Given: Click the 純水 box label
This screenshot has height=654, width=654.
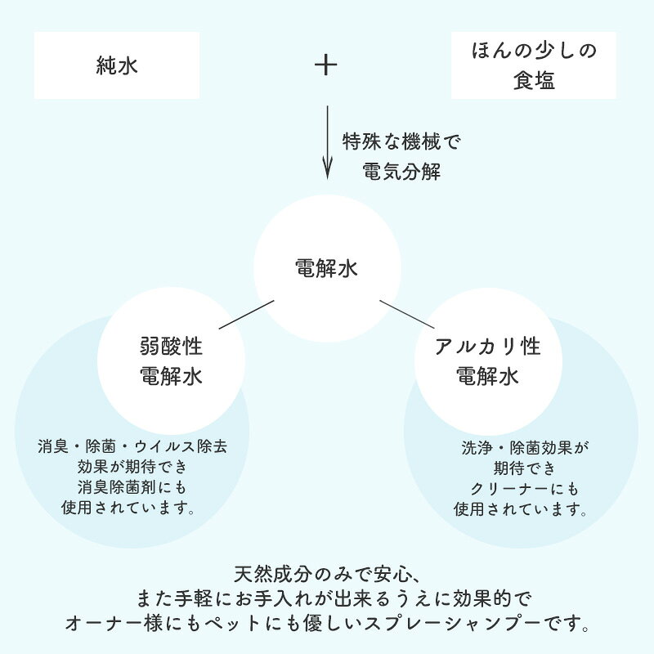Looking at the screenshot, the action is (x=117, y=65).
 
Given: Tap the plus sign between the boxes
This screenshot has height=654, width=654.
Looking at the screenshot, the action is (x=325, y=65).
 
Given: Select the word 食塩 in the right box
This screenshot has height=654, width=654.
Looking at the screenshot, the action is (x=534, y=80).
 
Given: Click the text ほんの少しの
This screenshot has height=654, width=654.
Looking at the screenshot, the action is (x=534, y=51).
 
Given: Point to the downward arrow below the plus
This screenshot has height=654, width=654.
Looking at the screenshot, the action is (x=328, y=142).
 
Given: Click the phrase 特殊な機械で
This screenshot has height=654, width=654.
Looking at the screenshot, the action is (x=401, y=141).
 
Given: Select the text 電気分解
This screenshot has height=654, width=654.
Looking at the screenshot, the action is (x=401, y=172).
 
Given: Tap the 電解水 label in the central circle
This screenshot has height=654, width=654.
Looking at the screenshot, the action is (x=326, y=268).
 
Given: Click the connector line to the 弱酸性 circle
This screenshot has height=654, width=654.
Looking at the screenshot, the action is (x=247, y=315).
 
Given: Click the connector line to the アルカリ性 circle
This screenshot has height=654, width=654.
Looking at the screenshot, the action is (x=407, y=315).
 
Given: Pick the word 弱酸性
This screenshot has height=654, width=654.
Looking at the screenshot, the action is (x=171, y=346).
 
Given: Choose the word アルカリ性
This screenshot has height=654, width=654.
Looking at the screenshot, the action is (x=487, y=346).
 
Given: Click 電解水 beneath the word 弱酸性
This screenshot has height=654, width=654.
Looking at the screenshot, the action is (x=171, y=376).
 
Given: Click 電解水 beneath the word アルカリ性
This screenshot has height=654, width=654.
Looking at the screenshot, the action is (x=487, y=376).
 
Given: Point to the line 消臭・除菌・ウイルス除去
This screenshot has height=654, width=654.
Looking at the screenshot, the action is (x=132, y=446).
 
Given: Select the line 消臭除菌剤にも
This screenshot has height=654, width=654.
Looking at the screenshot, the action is (x=132, y=487).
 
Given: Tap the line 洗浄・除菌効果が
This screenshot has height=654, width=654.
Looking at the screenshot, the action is (x=525, y=448).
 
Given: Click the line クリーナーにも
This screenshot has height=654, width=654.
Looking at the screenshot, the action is (x=524, y=488).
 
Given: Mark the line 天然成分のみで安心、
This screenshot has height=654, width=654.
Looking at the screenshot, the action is (x=326, y=575).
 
